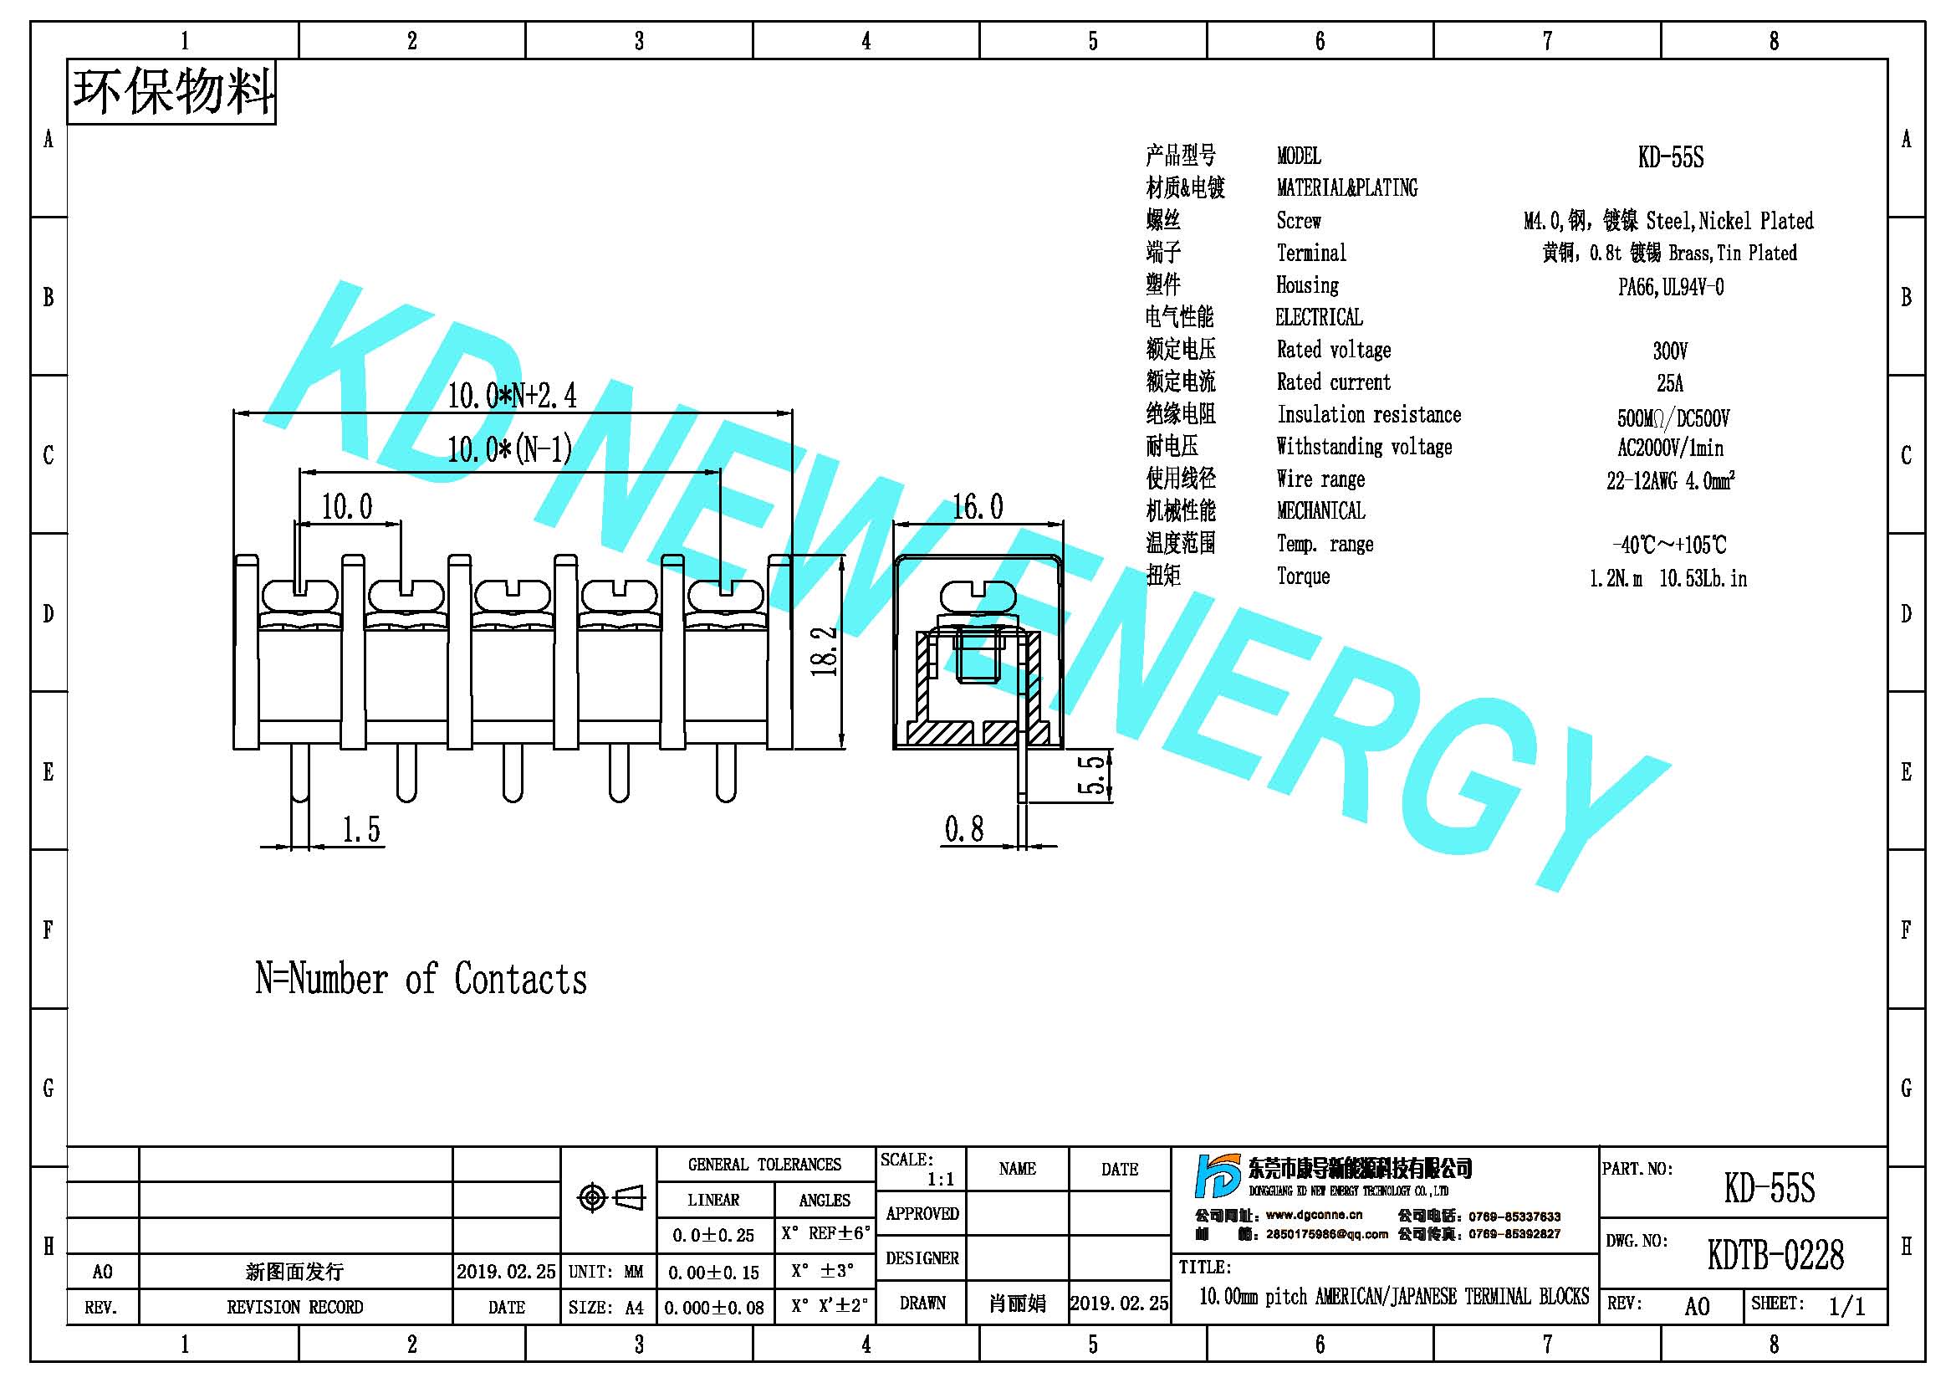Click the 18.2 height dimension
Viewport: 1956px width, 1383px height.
[x=825, y=651]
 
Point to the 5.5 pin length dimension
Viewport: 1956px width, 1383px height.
[x=1094, y=774]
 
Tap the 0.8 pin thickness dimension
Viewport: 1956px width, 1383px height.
[x=963, y=828]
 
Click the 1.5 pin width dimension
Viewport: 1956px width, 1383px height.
[x=361, y=829]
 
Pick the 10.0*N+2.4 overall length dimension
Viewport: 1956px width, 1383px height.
[x=512, y=396]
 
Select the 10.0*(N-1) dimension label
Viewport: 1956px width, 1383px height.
[x=509, y=449]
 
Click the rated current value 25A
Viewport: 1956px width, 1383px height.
[x=1670, y=382]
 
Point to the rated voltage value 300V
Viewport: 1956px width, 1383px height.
[x=1670, y=351]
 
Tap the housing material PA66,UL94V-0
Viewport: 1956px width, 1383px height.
[x=1671, y=287]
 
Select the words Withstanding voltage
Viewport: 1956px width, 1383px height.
[x=1364, y=447]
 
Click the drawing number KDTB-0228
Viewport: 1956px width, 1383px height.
[x=1775, y=1254]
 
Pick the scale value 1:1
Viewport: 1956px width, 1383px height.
[x=941, y=1180]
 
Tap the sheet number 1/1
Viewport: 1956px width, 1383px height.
[x=1846, y=1306]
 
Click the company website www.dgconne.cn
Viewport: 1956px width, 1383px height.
[x=1314, y=1215]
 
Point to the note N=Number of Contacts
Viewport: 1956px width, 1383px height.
[x=421, y=978]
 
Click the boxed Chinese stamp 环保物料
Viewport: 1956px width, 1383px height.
[x=171, y=91]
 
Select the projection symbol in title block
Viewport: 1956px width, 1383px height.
[x=610, y=1197]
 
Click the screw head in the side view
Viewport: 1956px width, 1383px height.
[x=978, y=597]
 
